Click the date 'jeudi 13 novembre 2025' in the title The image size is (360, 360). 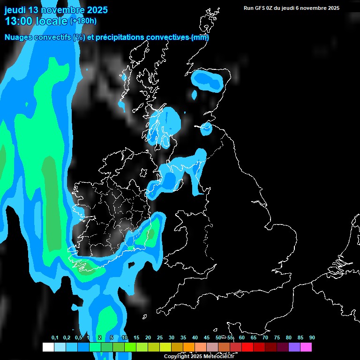click(56, 10)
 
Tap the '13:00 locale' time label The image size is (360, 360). click(36, 21)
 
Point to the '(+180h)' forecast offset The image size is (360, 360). click(83, 21)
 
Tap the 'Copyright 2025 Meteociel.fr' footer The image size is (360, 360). click(199, 356)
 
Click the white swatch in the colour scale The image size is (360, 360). click(48, 347)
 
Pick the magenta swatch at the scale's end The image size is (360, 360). click(306, 347)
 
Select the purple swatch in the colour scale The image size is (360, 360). click(294, 347)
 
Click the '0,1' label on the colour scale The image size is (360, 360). click(55, 338)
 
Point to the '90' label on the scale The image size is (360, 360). click(312, 338)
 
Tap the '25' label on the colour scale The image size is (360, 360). click(160, 338)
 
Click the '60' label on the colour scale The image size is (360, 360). click(242, 338)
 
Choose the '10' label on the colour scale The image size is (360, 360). click(124, 338)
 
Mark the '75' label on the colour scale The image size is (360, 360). click(277, 338)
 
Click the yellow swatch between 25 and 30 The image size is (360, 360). click(165, 347)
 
